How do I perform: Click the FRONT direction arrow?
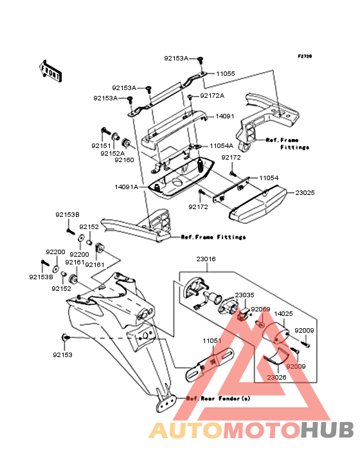(x=50, y=71)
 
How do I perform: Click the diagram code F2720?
(x=305, y=56)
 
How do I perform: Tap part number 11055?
(x=226, y=73)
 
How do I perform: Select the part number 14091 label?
(x=225, y=116)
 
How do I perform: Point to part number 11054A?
(x=221, y=145)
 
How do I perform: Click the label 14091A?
(x=126, y=187)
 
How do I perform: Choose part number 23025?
(x=305, y=192)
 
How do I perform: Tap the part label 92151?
(x=101, y=145)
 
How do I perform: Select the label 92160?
(x=124, y=160)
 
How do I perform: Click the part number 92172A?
(x=212, y=95)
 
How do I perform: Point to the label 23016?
(x=206, y=259)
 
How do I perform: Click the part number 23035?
(x=244, y=295)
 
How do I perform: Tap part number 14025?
(x=283, y=313)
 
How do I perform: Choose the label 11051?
(x=212, y=340)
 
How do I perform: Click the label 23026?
(x=276, y=377)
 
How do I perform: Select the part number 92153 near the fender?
(x=63, y=355)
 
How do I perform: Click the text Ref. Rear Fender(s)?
(x=218, y=398)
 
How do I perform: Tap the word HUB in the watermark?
(x=328, y=430)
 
